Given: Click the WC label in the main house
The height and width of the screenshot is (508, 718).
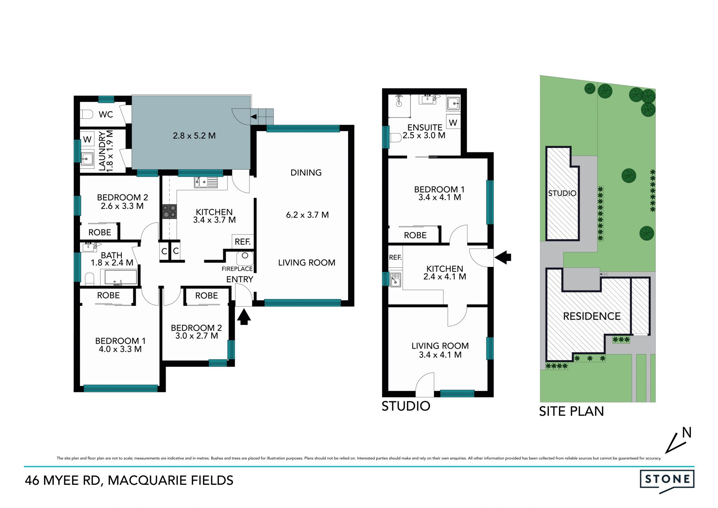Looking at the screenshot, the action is (x=106, y=115).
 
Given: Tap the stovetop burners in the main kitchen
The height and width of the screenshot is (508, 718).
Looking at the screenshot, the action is (x=169, y=212).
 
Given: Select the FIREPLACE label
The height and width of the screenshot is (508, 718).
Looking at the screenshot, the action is (x=237, y=269).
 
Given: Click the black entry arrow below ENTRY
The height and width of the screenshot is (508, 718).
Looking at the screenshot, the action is (x=244, y=316).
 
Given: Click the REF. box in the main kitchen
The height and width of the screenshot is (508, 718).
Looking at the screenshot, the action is (x=243, y=242).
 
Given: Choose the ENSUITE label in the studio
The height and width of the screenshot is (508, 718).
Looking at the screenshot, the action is (x=425, y=128).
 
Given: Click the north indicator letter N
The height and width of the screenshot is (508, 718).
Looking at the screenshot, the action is (x=687, y=433).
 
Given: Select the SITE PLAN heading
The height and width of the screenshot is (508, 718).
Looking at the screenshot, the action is (x=571, y=411).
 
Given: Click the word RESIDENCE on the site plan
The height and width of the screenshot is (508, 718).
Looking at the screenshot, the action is (x=592, y=316).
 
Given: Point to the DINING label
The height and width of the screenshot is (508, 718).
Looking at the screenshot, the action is (x=306, y=173).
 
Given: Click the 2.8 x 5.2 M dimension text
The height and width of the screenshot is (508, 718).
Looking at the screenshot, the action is (x=194, y=136).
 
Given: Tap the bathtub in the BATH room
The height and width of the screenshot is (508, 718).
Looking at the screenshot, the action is (x=121, y=277).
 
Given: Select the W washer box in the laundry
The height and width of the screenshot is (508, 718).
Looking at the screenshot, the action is (x=87, y=139).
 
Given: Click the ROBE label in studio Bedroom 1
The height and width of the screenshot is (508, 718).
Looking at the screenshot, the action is (x=415, y=235).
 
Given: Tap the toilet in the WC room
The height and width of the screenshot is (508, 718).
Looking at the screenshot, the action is (x=87, y=114).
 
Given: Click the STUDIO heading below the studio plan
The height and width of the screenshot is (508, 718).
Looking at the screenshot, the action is (x=406, y=406).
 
